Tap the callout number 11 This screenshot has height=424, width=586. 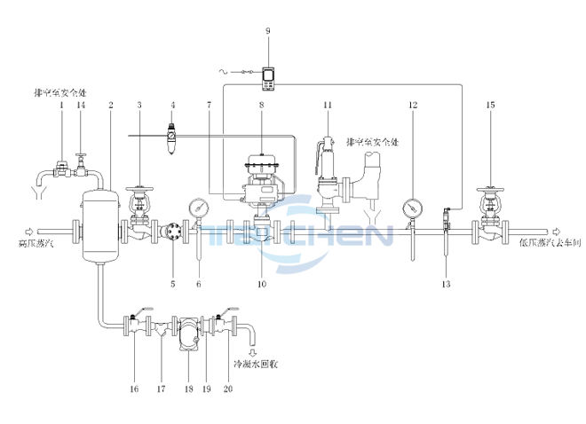328,106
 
